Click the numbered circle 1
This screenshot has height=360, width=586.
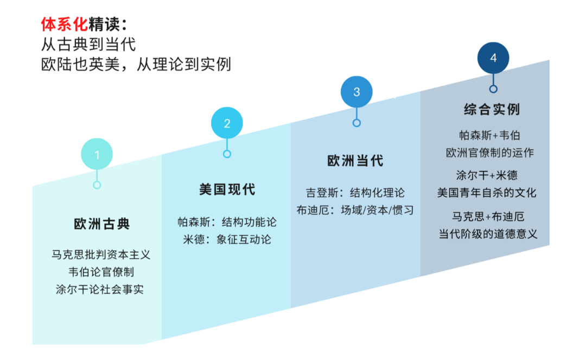[97, 155]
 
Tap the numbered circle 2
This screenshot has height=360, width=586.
[227, 123]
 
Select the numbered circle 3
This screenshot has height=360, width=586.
[356, 92]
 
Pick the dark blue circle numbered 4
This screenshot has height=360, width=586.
[493, 58]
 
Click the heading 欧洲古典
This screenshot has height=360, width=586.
[102, 224]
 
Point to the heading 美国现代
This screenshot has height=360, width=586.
[227, 190]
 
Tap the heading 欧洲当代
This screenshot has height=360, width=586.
[355, 161]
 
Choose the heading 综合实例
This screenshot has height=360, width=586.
[492, 109]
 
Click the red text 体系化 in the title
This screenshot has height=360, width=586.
[64, 24]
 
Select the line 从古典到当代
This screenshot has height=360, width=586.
[88, 44]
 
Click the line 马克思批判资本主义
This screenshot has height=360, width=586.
[101, 254]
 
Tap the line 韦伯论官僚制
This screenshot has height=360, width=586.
[101, 271]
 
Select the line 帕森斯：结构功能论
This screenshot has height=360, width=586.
[227, 222]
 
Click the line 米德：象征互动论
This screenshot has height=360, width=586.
[227, 239]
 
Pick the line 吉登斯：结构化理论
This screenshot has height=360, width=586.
[355, 193]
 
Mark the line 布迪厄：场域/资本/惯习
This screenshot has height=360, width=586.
[355, 210]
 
